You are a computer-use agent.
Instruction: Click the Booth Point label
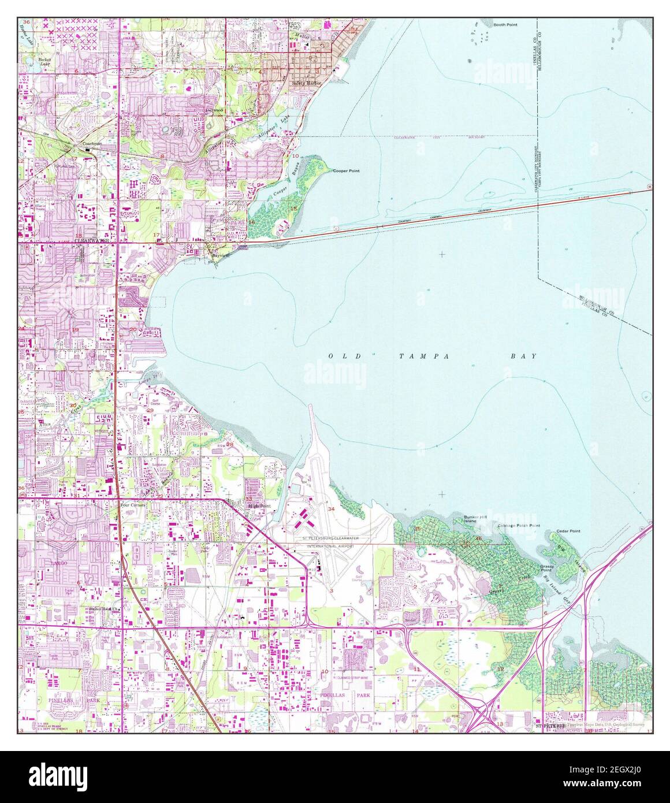(505, 25)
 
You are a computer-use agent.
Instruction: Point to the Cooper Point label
(347, 171)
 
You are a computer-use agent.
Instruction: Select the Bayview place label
(221, 255)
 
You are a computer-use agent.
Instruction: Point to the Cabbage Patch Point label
(519, 526)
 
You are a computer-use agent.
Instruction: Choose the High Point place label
(259, 506)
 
